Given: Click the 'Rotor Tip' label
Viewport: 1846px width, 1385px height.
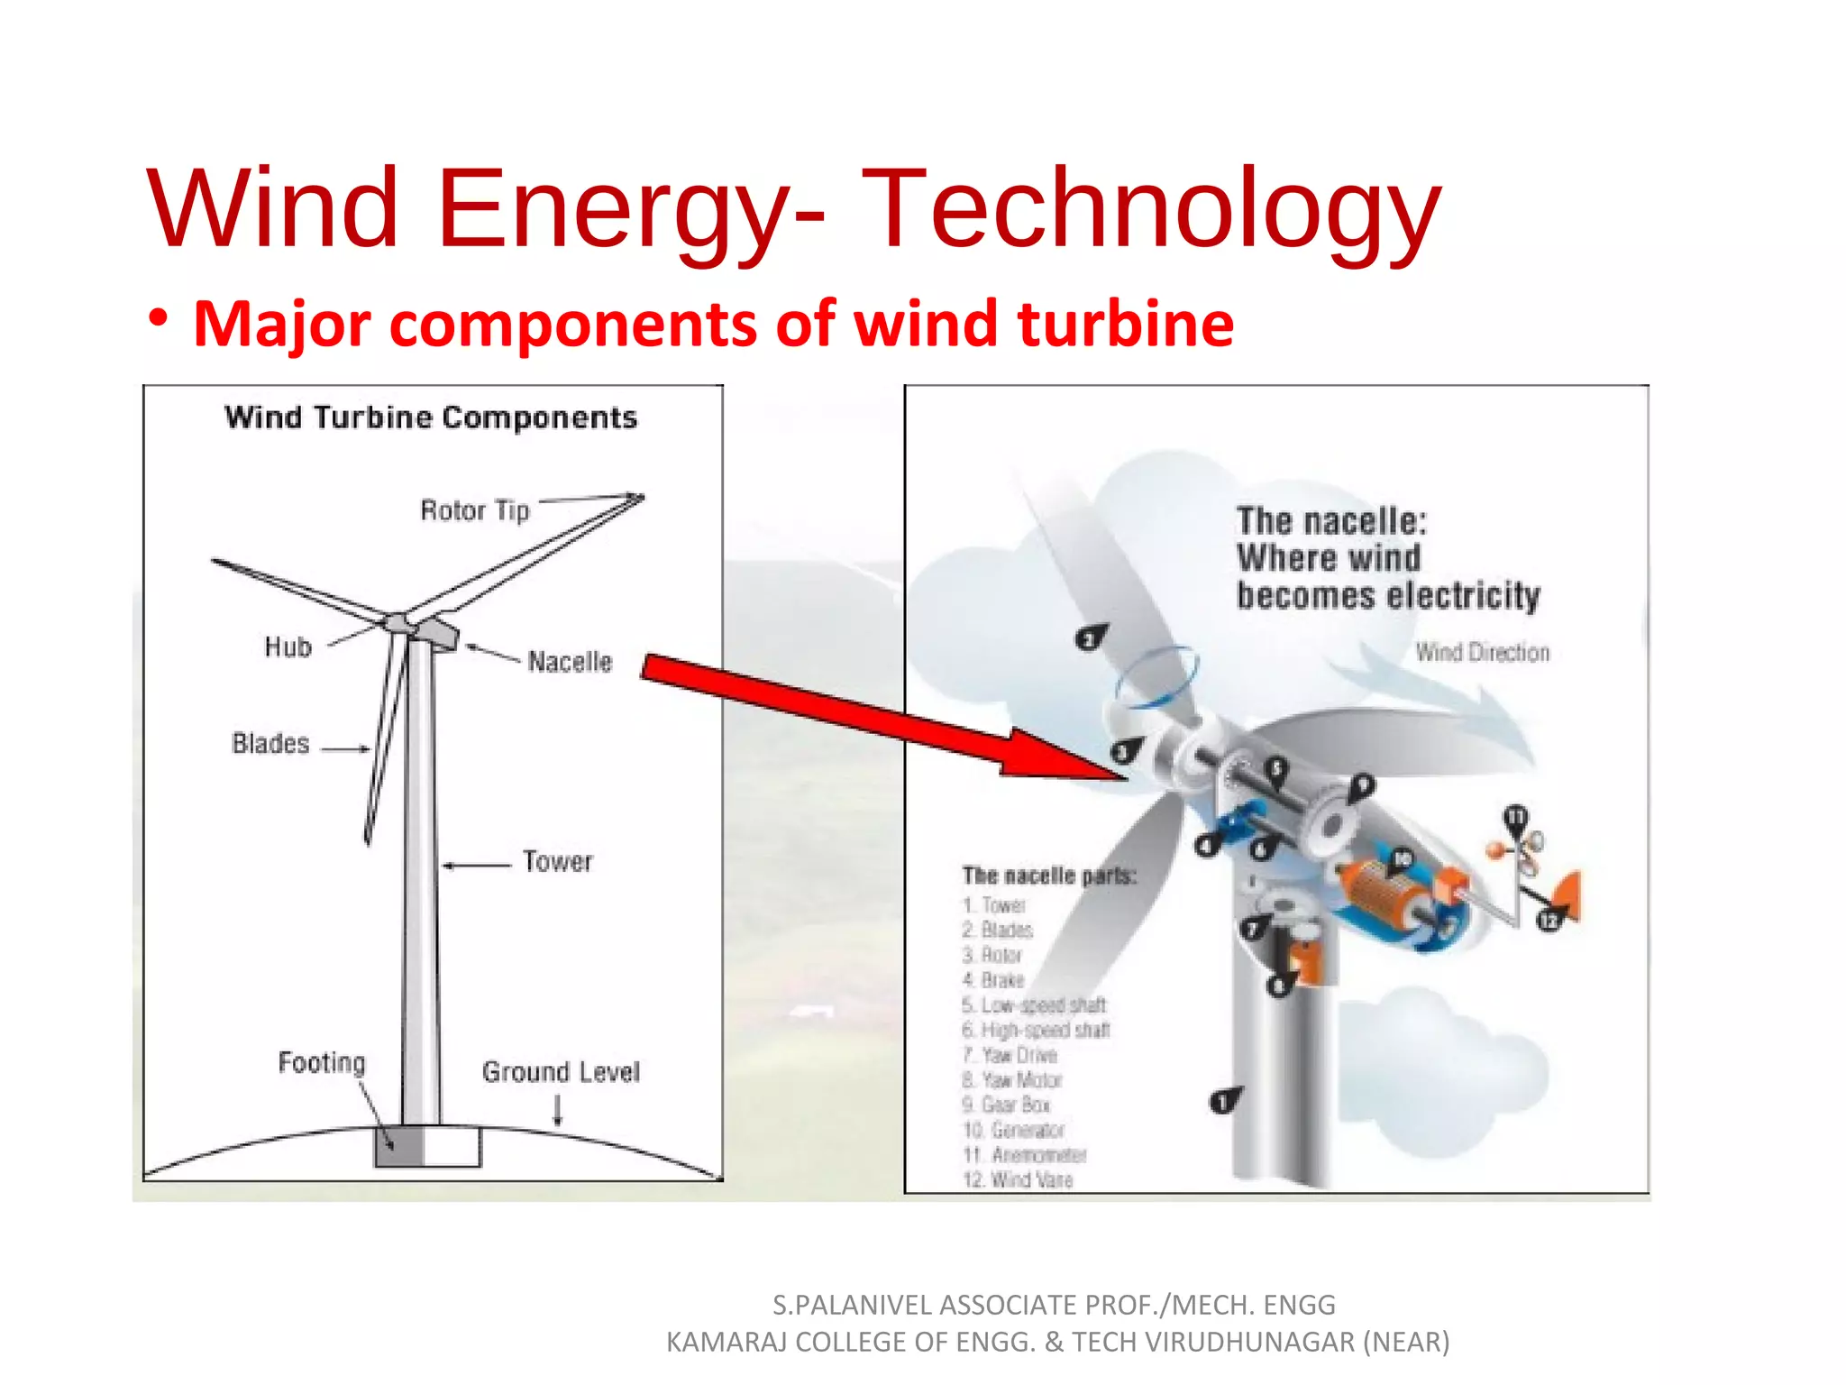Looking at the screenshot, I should tap(475, 510).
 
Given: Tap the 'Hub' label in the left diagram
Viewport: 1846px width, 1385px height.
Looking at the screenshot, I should tap(288, 647).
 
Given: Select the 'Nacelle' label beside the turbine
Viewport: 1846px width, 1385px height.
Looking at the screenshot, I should tap(570, 662).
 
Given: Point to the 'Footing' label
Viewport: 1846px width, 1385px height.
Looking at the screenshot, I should tap(322, 1063).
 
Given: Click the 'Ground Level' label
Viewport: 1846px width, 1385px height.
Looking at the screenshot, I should tap(561, 1072).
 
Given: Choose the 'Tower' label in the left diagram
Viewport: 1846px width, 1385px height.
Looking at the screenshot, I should tap(558, 861).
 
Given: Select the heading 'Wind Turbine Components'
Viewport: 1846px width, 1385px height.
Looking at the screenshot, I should tap(431, 417).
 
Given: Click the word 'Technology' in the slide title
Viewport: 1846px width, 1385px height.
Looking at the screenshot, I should tap(1151, 209).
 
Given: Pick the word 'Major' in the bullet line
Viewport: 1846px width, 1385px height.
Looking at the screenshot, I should tap(282, 324).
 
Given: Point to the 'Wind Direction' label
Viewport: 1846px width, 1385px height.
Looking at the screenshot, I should tap(1482, 652).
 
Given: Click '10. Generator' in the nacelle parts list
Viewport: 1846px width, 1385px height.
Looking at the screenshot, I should tap(1014, 1130).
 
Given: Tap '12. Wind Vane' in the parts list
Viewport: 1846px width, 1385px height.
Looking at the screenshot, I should tap(1018, 1180).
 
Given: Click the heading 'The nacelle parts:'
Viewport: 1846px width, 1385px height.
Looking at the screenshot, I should tap(1049, 876).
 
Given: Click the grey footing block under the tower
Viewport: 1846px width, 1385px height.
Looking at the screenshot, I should tap(399, 1147).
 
